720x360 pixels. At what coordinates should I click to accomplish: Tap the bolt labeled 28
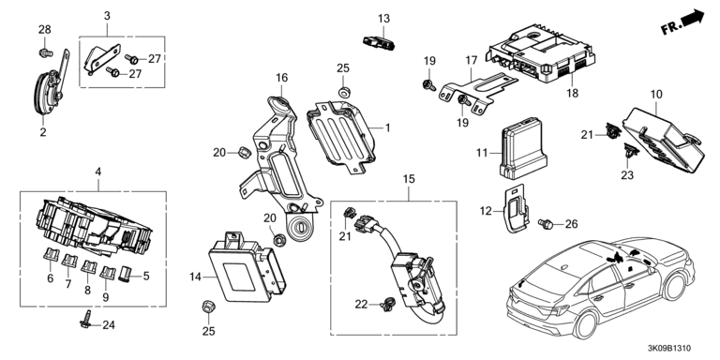(45, 52)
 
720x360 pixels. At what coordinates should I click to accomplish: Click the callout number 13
(383, 19)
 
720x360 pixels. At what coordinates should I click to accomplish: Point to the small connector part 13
(380, 43)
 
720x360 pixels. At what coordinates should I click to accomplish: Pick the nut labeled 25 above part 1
(343, 92)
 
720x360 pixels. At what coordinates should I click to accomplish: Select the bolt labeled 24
(86, 319)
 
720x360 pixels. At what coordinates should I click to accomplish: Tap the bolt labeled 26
(546, 224)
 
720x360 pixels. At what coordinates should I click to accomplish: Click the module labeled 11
(523, 148)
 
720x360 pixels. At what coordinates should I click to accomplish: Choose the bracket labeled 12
(517, 208)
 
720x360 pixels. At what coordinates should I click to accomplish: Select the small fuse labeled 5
(125, 274)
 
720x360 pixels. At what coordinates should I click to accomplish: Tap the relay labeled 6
(51, 255)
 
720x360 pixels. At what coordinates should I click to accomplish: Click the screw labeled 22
(386, 304)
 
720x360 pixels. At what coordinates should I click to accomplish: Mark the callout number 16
(281, 78)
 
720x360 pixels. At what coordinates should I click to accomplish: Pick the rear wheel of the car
(585, 324)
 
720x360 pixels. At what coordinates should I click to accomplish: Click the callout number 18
(572, 93)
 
